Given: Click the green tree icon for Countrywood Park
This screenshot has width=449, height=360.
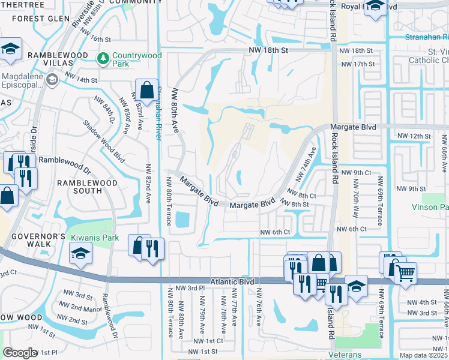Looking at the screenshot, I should [103, 59].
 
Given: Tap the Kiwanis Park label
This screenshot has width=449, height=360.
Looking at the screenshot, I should [91, 238].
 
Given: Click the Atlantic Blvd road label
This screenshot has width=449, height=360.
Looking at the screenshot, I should [232, 281].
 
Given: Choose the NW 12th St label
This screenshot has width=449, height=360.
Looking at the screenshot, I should [414, 137].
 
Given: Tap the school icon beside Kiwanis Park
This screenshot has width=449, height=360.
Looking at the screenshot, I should [80, 254].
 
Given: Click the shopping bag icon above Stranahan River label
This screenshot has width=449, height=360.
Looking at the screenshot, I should [146, 91].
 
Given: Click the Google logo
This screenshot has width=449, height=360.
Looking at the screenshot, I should [20, 353].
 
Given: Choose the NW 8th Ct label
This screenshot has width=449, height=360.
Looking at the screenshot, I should [303, 194].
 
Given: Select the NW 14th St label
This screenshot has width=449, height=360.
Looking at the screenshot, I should [81, 79].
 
